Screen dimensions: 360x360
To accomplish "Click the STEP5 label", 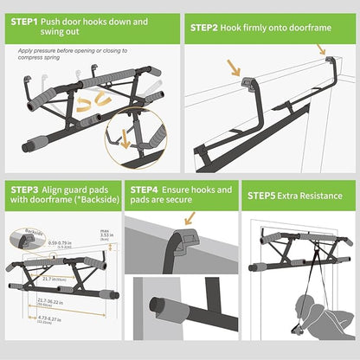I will tap(266, 196).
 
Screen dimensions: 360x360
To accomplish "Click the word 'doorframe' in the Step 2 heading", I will tap(309, 27).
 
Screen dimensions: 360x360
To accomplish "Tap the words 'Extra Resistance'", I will tap(317, 196).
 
